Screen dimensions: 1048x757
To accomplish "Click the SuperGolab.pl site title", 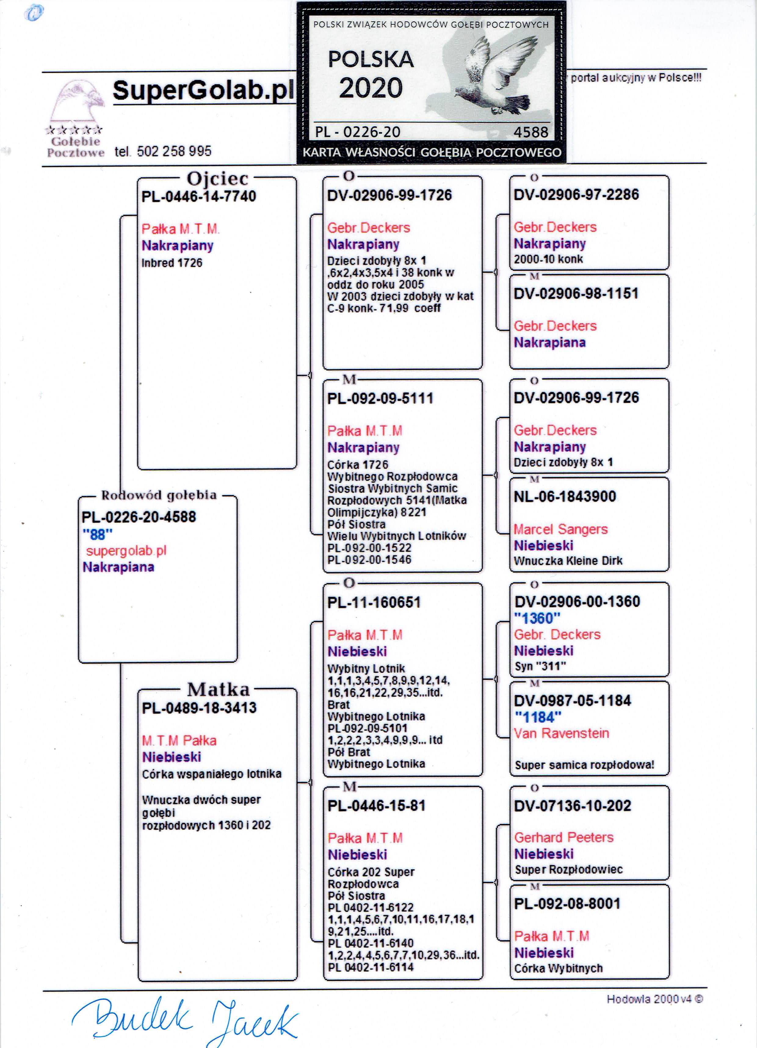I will pyautogui.click(x=203, y=90).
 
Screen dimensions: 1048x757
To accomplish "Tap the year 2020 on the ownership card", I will pyautogui.click(x=371, y=88).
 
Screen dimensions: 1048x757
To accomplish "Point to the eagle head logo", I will pyautogui.click(x=76, y=104).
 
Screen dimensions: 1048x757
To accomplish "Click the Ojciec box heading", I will pyautogui.click(x=217, y=178).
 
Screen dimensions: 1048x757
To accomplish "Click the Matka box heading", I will pyautogui.click(x=218, y=689).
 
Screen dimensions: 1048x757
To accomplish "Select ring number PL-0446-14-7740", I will pyautogui.click(x=199, y=196).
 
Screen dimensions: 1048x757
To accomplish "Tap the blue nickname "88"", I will pyautogui.click(x=97, y=535).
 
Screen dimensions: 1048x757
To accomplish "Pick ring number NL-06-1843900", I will pyautogui.click(x=565, y=497).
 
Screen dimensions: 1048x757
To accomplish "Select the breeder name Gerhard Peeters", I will pyautogui.click(x=564, y=837).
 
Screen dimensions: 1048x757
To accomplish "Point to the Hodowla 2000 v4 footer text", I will pyautogui.click(x=654, y=999).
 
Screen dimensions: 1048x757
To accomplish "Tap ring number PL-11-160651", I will pyautogui.click(x=374, y=603).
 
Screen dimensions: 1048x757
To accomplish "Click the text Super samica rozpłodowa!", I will pyautogui.click(x=585, y=765).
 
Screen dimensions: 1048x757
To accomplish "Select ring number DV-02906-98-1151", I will pyautogui.click(x=576, y=293).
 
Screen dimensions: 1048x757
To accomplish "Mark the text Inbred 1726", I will pyautogui.click(x=172, y=263).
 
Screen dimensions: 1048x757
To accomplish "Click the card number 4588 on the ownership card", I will pyautogui.click(x=531, y=132).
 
